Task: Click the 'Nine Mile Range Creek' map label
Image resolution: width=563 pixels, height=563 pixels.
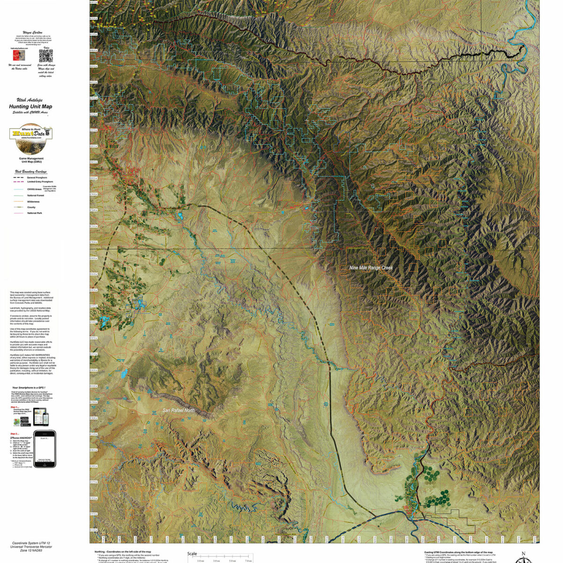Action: [371, 268]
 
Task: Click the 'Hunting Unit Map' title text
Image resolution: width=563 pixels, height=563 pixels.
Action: [31, 107]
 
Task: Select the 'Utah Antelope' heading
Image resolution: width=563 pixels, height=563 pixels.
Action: [31, 100]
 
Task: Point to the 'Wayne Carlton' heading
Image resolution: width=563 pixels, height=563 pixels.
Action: [31, 33]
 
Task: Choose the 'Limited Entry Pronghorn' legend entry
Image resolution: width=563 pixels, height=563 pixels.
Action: [39, 182]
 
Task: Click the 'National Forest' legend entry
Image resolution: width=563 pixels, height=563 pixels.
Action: [36, 195]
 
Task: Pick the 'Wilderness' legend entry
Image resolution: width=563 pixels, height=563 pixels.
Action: [33, 202]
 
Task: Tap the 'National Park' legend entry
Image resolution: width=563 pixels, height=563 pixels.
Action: [35, 213]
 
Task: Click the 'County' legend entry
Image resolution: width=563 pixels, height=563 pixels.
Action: [31, 207]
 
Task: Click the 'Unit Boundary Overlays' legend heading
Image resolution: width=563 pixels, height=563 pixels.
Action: [31, 172]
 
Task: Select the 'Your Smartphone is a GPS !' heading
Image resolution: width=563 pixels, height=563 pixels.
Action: [30, 388]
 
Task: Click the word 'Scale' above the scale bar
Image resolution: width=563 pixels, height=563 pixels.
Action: [192, 554]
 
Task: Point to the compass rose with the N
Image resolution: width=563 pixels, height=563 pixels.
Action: [524, 558]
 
